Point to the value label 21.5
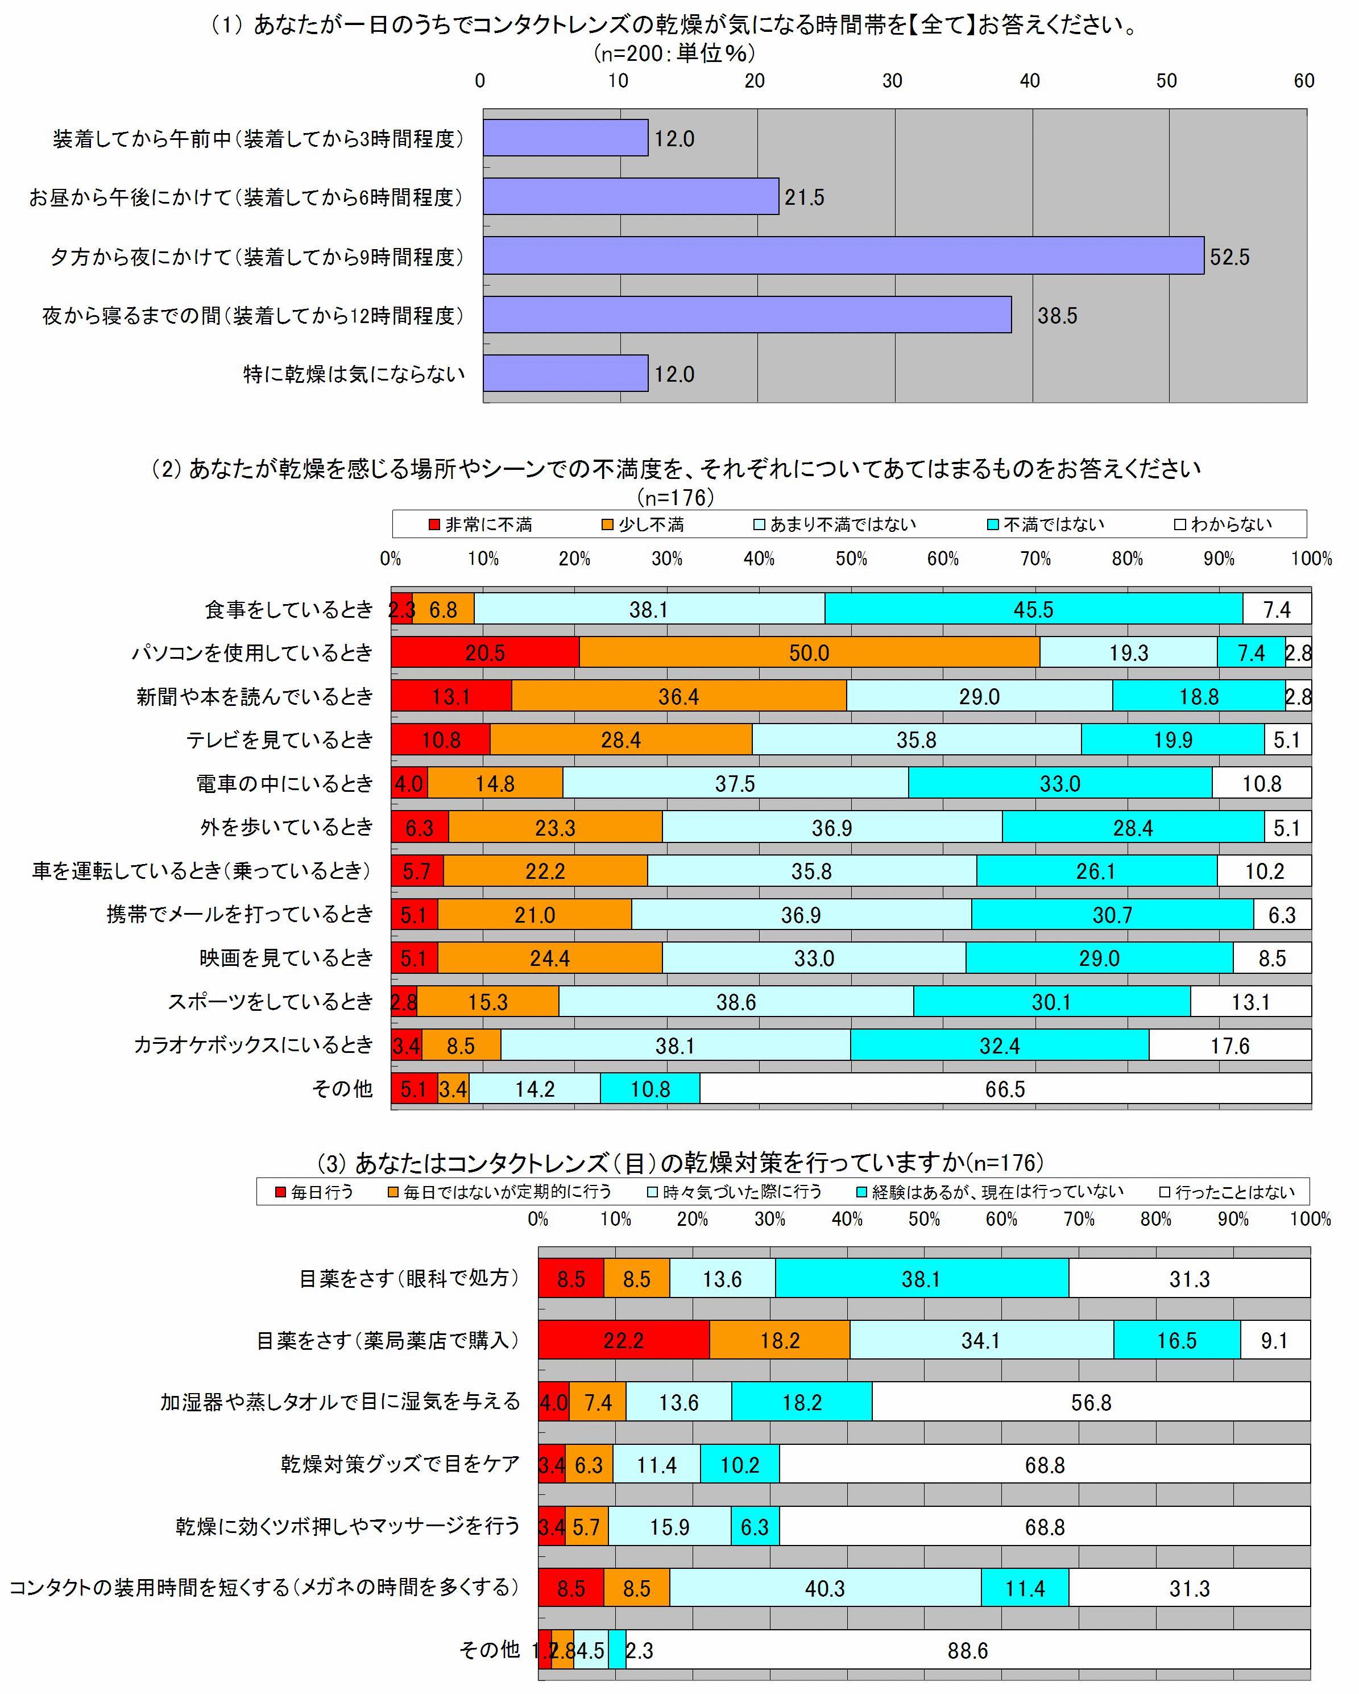(805, 197)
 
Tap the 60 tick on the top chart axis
(1304, 80)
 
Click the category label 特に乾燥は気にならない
(354, 374)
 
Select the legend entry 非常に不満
(480, 524)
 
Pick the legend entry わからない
(1223, 524)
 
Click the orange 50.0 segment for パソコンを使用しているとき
(809, 653)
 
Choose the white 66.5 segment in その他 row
(1005, 1089)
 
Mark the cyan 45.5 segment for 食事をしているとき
(1033, 610)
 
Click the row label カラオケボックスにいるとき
(253, 1045)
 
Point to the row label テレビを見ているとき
(280, 740)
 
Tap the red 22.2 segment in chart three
(624, 1340)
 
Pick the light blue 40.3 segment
(825, 1589)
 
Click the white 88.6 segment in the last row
(967, 1651)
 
